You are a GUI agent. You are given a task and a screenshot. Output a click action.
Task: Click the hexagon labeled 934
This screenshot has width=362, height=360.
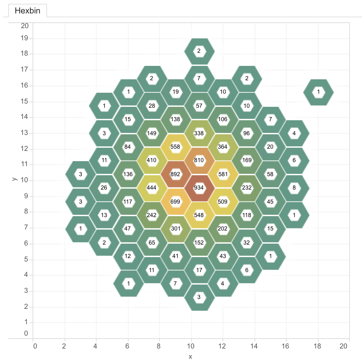[199, 188]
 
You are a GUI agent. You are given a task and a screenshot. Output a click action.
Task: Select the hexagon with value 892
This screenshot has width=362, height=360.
[175, 174]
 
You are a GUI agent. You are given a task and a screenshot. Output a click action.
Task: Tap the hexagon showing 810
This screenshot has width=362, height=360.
[199, 160]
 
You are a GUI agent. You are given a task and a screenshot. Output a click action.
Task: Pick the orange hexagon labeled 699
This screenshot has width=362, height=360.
[175, 202]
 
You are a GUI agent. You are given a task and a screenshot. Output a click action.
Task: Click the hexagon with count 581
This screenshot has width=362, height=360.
[223, 174]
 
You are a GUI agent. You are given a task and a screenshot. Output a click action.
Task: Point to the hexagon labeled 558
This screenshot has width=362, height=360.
[175, 147]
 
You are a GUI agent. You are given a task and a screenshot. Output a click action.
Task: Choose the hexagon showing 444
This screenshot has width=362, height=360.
[152, 188]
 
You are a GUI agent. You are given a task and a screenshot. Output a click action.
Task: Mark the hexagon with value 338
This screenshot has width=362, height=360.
[199, 133]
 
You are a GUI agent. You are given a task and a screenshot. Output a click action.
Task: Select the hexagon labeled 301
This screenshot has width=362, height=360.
[176, 229]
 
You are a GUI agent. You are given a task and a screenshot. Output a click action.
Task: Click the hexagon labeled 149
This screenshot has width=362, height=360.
[152, 133]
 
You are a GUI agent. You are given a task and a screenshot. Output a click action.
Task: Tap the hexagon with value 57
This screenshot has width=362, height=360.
[199, 106]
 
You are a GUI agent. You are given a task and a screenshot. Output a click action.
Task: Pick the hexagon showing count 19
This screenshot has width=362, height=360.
[176, 92]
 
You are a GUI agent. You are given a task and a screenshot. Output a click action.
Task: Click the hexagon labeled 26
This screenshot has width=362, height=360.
[104, 188]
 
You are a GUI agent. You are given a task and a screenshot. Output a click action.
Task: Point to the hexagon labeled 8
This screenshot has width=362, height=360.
[294, 188]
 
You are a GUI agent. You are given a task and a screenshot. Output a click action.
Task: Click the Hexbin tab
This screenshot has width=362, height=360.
[28, 11]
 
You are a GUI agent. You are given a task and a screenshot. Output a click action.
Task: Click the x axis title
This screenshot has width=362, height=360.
[191, 356]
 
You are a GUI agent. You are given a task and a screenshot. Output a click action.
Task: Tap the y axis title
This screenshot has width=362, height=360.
[14, 178]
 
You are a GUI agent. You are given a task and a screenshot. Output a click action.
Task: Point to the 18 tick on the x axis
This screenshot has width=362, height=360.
[317, 346]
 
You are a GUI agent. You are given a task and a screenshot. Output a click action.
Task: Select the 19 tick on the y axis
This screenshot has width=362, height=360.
[25, 38]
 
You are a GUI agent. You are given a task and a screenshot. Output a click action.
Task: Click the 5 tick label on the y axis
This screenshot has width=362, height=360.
[26, 259]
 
